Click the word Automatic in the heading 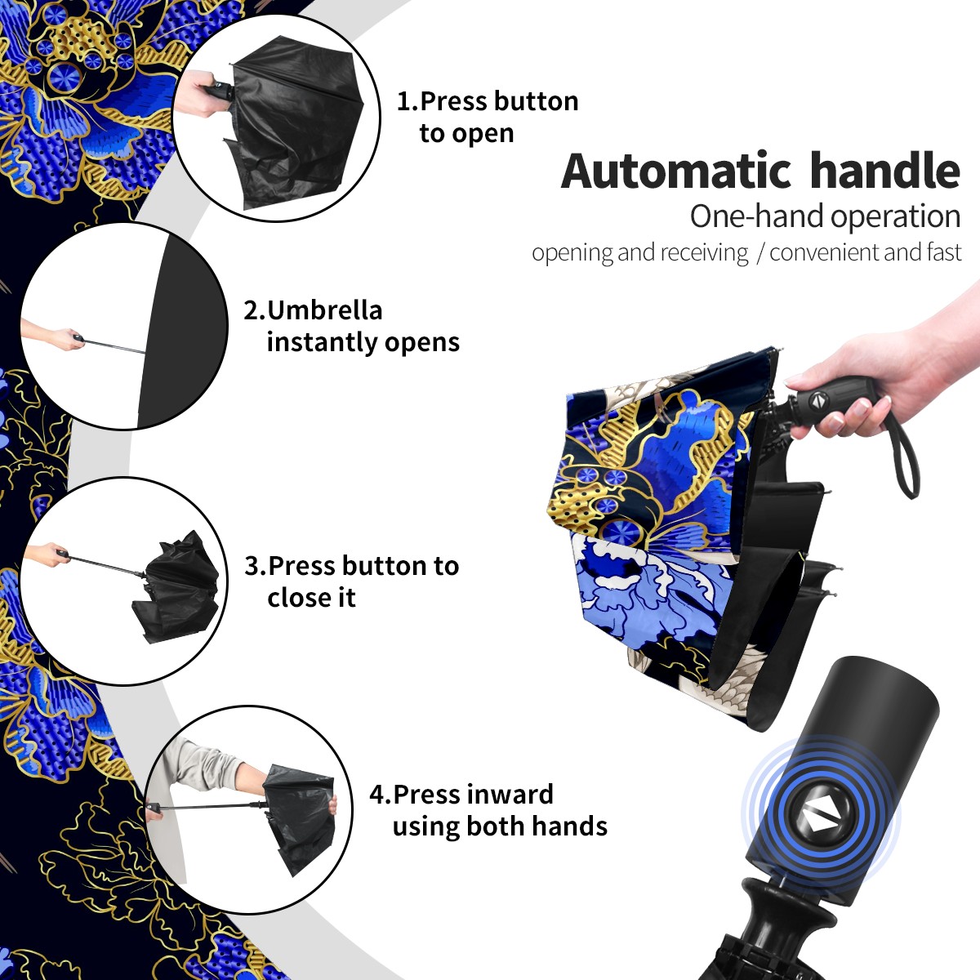(x=675, y=171)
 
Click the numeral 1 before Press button (x=403, y=101)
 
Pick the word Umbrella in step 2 (x=324, y=310)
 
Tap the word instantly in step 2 (x=322, y=342)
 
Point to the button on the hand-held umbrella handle (x=817, y=401)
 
